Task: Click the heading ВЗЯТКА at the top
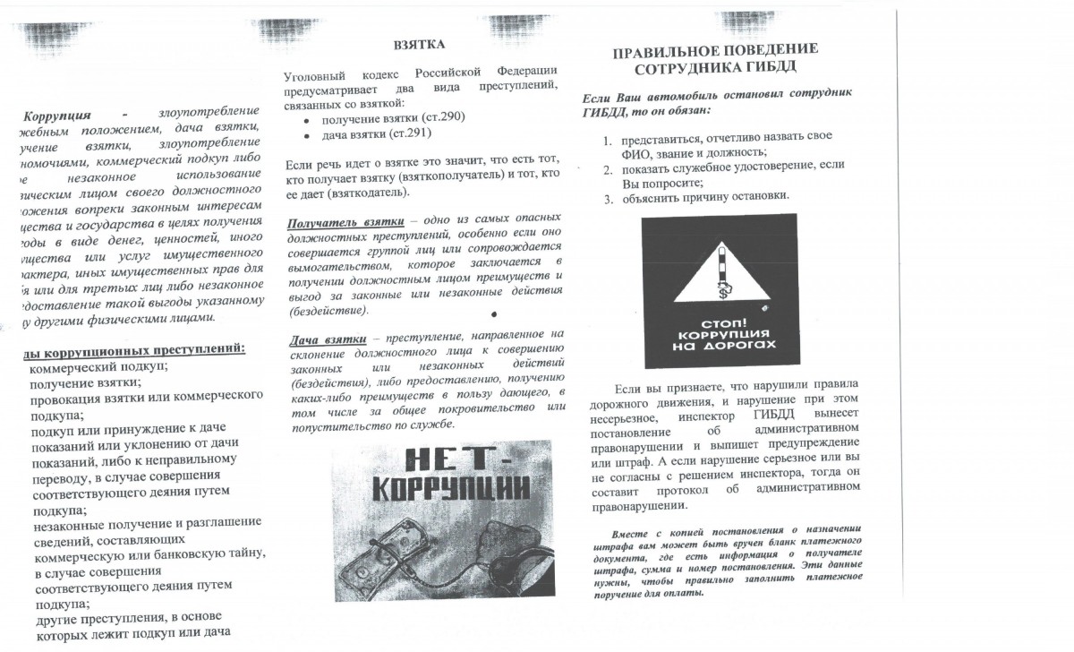pos(419,44)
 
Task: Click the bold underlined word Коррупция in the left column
pos(57,116)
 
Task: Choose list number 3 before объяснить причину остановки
pos(606,198)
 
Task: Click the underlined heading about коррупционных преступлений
pos(134,348)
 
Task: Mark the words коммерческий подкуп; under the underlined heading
pos(98,366)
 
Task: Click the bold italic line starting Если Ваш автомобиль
pos(717,94)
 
